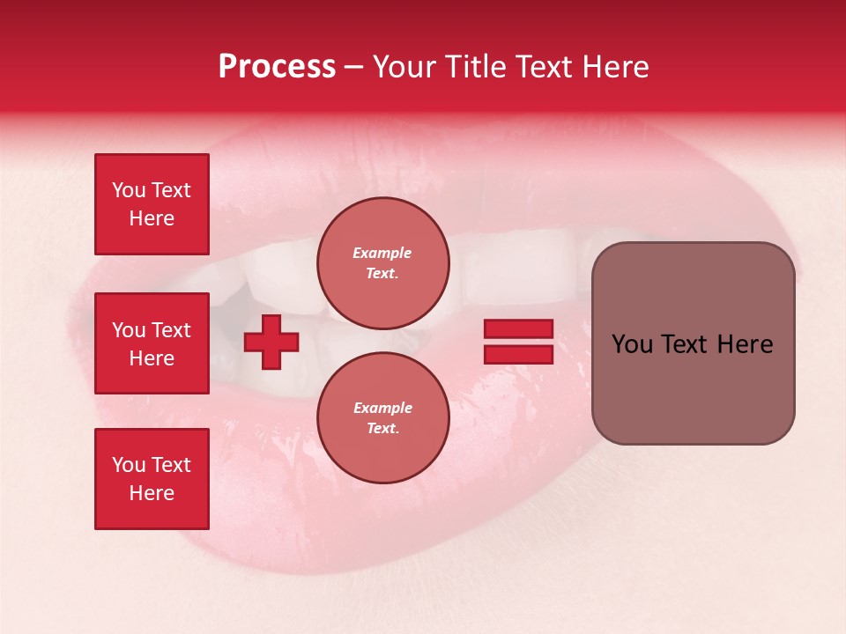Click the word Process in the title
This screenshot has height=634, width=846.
(277, 67)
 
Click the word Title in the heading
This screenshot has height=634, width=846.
(476, 67)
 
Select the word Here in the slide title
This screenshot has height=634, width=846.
(614, 67)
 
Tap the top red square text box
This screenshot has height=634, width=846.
(152, 204)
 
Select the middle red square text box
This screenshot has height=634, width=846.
(152, 343)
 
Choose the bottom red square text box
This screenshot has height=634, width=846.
(152, 479)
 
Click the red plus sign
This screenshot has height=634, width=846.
(271, 342)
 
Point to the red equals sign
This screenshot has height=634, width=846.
(518, 342)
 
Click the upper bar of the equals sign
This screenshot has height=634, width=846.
(518, 328)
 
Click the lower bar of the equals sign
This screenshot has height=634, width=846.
(518, 355)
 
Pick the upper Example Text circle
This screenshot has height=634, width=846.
(382, 262)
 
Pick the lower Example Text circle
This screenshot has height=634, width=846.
(382, 417)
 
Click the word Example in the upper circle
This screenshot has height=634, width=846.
(382, 253)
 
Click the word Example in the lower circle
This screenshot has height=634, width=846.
(382, 408)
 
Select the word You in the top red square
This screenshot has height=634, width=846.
(129, 190)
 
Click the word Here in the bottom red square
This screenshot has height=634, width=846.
(152, 493)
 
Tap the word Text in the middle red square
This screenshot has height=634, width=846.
(171, 330)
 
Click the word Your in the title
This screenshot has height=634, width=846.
(404, 67)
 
